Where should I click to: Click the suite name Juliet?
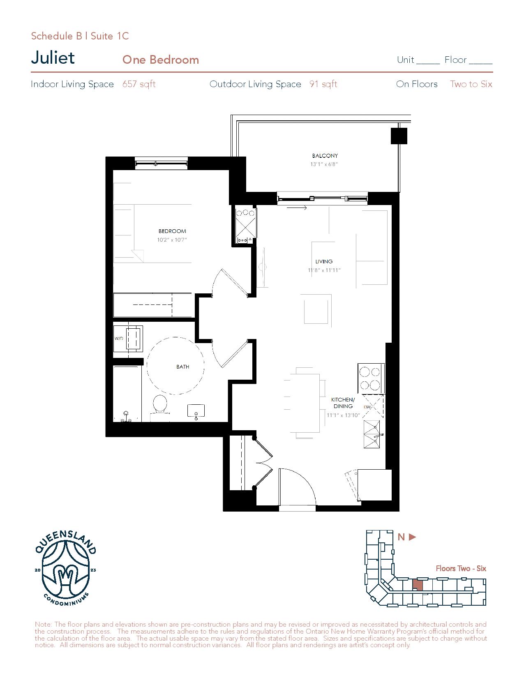[53, 58]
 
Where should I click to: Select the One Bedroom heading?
[160, 60]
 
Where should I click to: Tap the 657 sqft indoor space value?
[139, 84]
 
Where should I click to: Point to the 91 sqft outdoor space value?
[323, 84]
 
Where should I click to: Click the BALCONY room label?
[325, 155]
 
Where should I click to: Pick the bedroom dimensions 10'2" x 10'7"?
[172, 240]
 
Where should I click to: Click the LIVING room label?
[324, 261]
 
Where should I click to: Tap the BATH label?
[182, 367]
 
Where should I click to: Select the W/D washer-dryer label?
[119, 339]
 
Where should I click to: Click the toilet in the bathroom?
[160, 405]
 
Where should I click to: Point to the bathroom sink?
[196, 411]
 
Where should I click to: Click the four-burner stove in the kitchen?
[371, 379]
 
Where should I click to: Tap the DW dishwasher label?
[367, 407]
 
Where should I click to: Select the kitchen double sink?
[372, 434]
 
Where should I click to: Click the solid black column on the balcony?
[399, 136]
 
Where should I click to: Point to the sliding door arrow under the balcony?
[297, 208]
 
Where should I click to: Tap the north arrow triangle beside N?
[412, 537]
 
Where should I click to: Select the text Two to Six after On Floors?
[471, 84]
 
